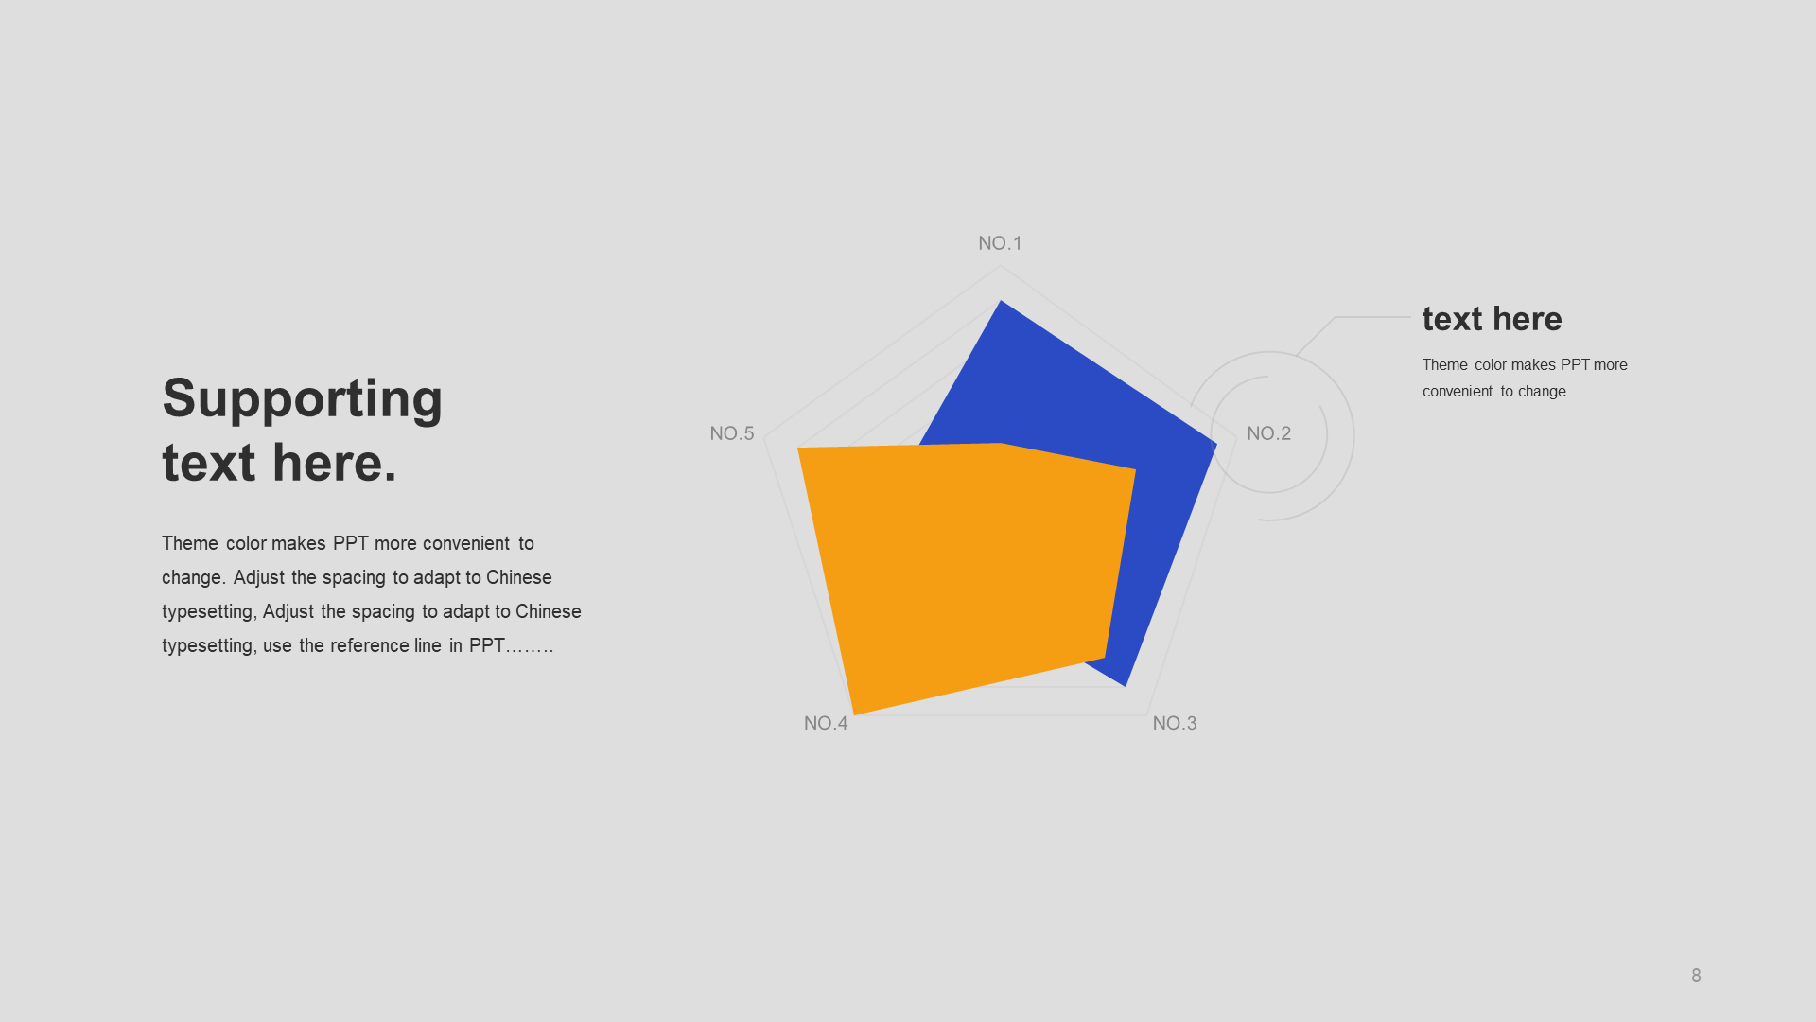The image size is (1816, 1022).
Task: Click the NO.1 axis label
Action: coord(1000,243)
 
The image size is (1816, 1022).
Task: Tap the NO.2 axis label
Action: coord(1268,433)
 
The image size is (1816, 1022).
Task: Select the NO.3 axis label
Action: coord(1175,723)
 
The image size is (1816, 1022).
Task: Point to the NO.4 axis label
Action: coord(826,723)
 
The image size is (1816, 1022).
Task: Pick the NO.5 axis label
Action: coord(732,433)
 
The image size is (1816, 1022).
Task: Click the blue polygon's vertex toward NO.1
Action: coord(1001,301)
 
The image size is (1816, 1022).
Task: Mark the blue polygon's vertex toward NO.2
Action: coord(1216,444)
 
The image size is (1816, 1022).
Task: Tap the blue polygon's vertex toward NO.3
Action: coord(1126,685)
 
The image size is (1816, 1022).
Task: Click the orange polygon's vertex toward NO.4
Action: coord(854,714)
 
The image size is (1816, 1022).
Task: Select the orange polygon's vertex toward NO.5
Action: coord(798,449)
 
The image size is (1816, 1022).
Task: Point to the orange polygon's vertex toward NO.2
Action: coord(1135,468)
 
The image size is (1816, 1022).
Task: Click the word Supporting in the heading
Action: coord(303,399)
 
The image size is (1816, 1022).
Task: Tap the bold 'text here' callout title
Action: coord(1492,319)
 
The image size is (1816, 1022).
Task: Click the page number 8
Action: coord(1696,976)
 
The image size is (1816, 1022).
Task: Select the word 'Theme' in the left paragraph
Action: coord(190,543)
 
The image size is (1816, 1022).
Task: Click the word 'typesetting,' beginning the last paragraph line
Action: coord(207,645)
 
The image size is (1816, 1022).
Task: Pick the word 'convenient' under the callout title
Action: coord(1458,391)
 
